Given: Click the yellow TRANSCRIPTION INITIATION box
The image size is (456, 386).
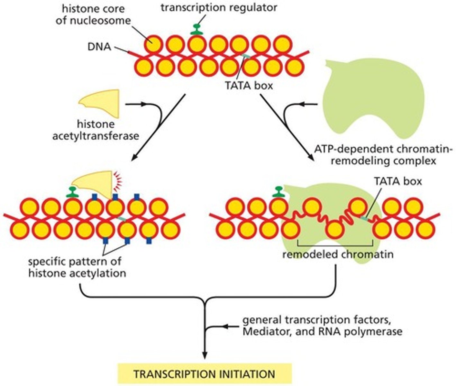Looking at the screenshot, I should (x=205, y=374).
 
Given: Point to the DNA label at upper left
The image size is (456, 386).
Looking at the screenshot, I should (x=99, y=47).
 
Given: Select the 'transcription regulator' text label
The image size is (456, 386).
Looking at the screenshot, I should (x=219, y=7).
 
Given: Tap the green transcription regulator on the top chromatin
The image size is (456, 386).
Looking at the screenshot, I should (x=195, y=30).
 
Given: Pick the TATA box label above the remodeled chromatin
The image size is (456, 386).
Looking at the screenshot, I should (x=397, y=181).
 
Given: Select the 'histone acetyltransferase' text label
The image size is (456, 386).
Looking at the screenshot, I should (x=96, y=130).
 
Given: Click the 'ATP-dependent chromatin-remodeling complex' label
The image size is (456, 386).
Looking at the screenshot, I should (x=383, y=155).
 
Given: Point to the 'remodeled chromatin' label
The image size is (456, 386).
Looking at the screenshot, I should (x=338, y=254).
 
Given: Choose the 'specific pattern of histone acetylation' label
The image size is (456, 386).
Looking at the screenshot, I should (x=77, y=267).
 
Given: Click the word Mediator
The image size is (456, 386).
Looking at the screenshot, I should (x=267, y=331).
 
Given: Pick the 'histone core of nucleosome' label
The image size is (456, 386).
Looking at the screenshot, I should (x=93, y=14).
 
